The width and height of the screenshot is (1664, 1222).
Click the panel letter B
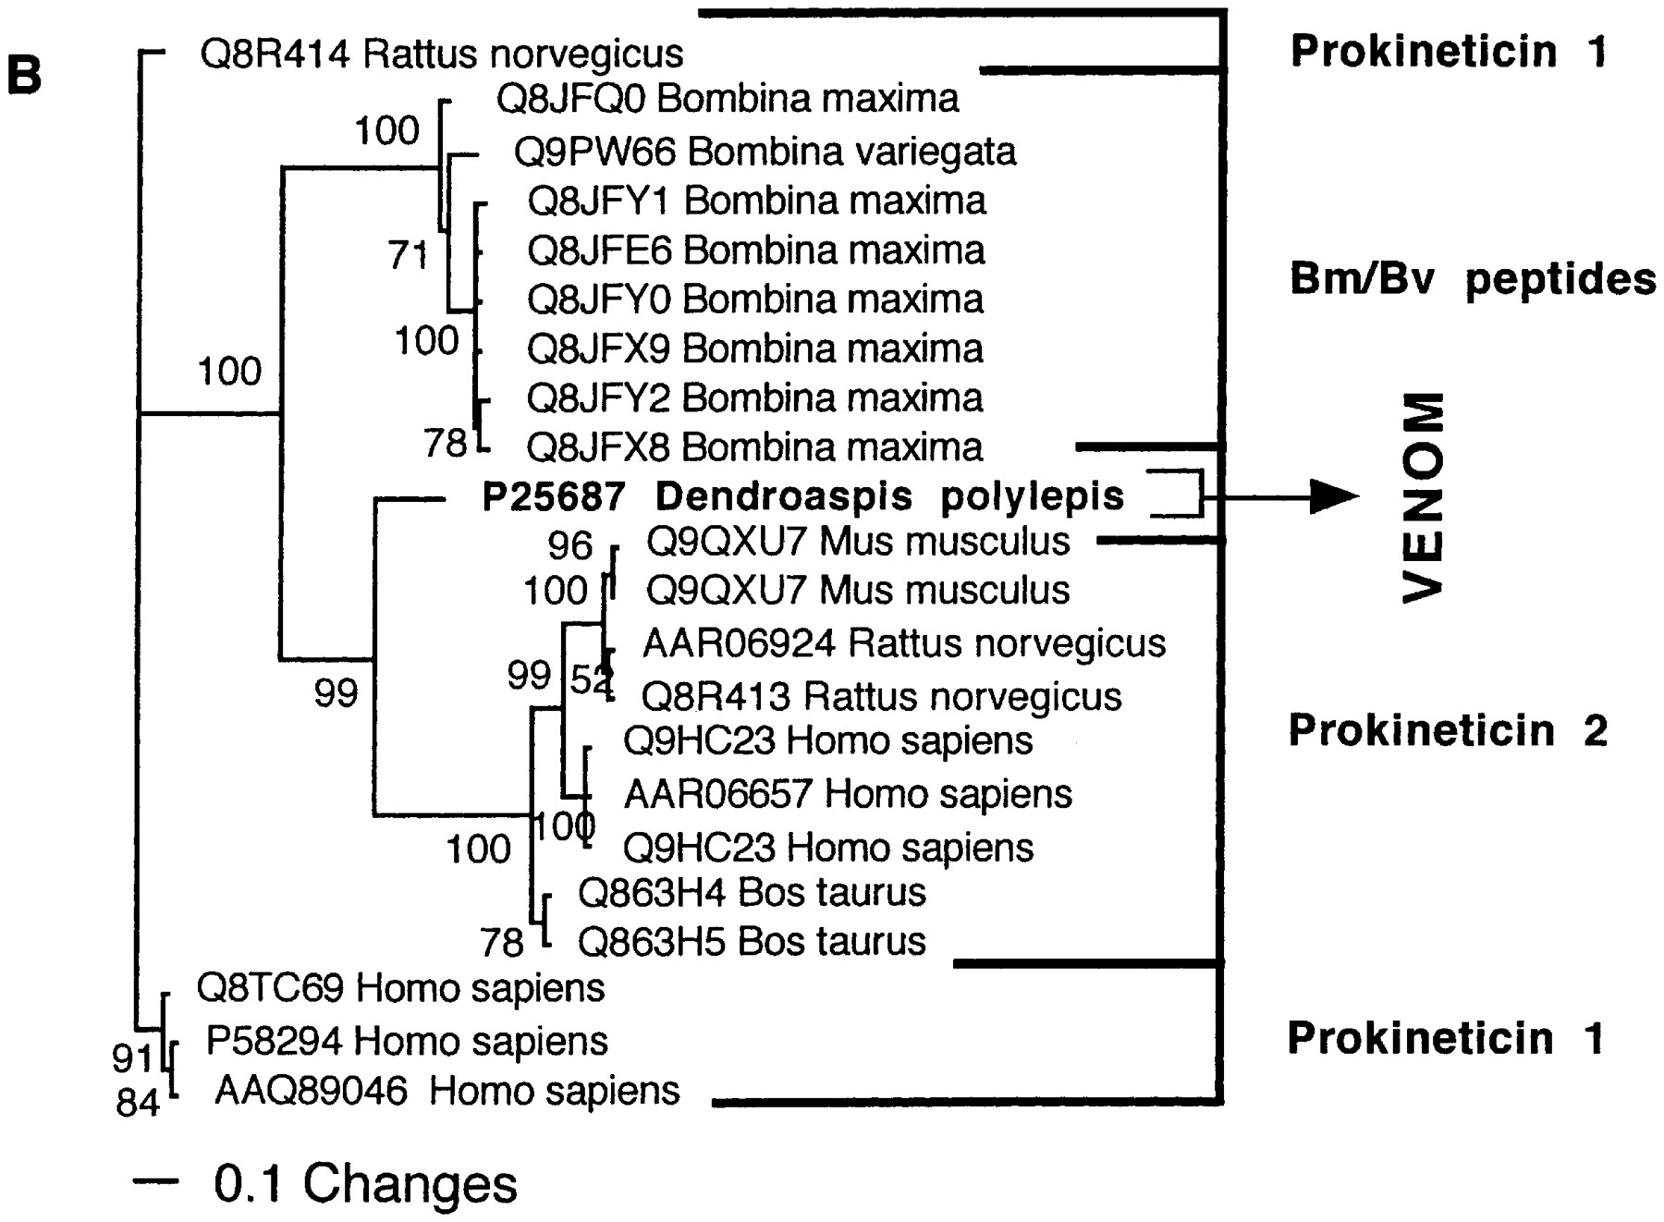point(24,75)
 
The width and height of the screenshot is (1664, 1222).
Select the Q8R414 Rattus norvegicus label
point(442,55)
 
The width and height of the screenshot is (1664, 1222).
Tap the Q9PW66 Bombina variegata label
point(765,152)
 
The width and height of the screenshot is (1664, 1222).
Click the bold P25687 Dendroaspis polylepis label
point(803,497)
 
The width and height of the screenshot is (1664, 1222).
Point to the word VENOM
point(1423,497)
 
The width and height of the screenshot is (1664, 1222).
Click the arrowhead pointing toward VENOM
point(1335,497)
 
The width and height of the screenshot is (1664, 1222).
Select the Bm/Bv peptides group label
point(1473,279)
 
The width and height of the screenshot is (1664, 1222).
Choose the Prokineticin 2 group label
point(1449,730)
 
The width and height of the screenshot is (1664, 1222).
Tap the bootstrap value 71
point(409,254)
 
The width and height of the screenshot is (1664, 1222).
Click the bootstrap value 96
point(569,545)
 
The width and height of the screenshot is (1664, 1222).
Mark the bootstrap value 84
point(138,1103)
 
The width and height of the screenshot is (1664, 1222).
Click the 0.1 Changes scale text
point(365,1183)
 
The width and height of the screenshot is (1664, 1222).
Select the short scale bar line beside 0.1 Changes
point(155,1180)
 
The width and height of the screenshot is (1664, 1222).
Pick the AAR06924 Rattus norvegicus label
point(904,643)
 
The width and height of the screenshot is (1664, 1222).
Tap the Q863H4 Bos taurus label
point(752,892)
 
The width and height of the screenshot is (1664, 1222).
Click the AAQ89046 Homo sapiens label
point(447,1091)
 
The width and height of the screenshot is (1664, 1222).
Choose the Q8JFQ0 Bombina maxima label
point(728,98)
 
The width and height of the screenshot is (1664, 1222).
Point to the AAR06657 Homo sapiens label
point(848,794)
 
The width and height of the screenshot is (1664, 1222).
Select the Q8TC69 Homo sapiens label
point(400,988)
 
